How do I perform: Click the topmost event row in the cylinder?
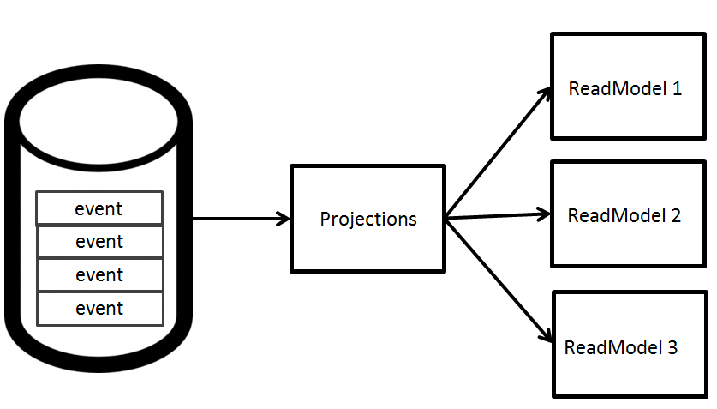point(99,208)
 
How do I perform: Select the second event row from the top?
point(100,241)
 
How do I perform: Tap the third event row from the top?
point(100,274)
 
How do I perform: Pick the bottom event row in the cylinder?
point(100,309)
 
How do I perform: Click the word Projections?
point(368,220)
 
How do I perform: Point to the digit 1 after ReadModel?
point(677,88)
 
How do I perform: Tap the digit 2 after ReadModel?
point(676,215)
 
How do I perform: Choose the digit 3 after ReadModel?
point(672,347)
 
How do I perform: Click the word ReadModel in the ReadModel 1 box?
point(618,88)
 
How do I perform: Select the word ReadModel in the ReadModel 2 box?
point(617,215)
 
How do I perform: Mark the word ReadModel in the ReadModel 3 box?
point(613,347)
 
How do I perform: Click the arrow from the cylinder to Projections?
point(241,219)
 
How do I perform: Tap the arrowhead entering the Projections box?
point(284,219)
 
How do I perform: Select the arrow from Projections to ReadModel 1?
point(499,153)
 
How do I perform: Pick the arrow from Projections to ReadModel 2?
point(499,216)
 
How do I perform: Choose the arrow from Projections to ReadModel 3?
point(499,281)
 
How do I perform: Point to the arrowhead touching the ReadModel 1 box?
point(546,93)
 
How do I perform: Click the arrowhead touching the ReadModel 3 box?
point(547,336)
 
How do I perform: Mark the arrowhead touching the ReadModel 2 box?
point(544,214)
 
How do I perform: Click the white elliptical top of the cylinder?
point(99,121)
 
